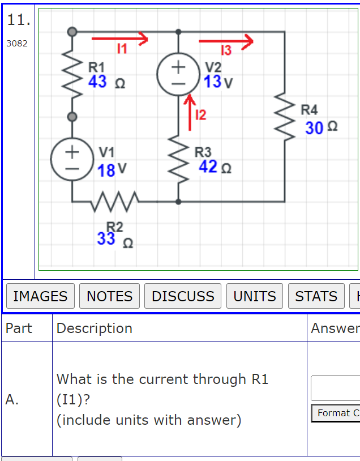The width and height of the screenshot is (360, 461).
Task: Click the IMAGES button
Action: point(40,296)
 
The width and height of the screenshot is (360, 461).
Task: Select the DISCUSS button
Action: point(183,296)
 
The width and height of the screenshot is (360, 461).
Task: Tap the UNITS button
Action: point(255,296)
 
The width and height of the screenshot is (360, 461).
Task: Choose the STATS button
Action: point(316,296)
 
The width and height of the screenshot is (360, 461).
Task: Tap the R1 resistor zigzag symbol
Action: point(72,74)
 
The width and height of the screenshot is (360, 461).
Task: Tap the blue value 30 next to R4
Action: point(314,128)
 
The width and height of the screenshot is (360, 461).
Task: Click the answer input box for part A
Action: point(335,388)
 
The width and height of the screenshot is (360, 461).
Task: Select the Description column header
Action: point(95,328)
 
